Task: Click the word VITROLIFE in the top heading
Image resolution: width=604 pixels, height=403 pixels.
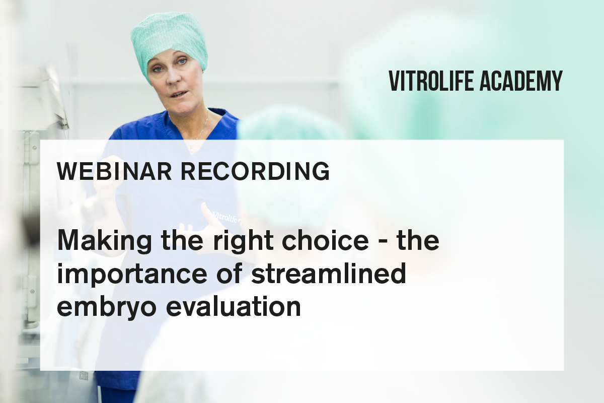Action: coord(431,81)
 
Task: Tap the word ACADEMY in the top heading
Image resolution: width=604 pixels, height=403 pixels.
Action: coord(521,81)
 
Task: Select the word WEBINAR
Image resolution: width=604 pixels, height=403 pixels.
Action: coord(114,171)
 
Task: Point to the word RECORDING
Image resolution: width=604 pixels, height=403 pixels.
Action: coord(255,171)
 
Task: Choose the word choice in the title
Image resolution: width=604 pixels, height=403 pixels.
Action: coord(325,240)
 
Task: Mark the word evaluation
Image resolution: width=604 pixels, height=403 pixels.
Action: coord(233,306)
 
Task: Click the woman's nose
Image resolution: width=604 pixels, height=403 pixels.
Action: coord(173,76)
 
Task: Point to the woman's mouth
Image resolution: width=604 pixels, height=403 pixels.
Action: coord(179,95)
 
